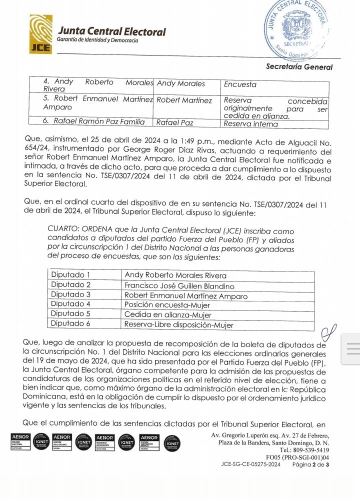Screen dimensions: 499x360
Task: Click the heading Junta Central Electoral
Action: point(111,31)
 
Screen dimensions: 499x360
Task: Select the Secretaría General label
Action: point(299,66)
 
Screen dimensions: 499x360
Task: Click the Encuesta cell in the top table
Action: point(240,84)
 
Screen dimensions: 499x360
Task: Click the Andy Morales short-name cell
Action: point(180,84)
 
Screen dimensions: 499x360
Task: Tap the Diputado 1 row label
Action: point(70,275)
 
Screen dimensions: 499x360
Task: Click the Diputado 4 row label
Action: point(70,304)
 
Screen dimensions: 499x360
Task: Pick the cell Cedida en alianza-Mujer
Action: point(167,315)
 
